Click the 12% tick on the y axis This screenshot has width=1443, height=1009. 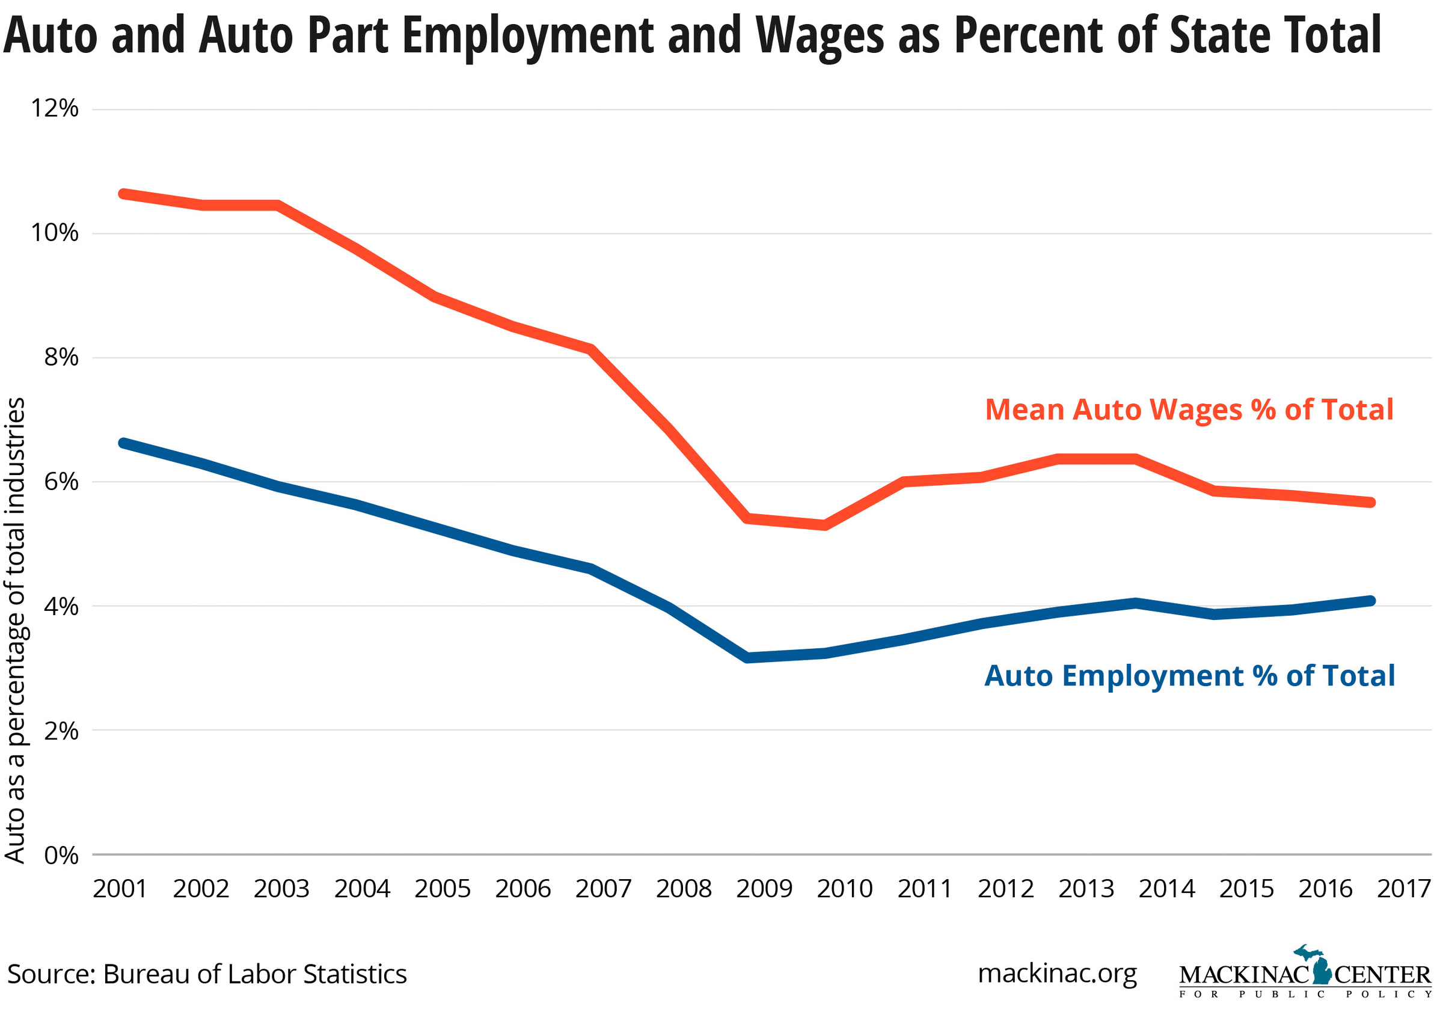[x=55, y=109]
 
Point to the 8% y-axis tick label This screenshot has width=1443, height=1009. [x=61, y=358]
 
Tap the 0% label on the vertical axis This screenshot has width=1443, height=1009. [x=61, y=856]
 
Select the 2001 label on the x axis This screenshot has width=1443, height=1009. [x=120, y=889]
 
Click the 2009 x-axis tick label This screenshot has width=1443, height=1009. [x=764, y=889]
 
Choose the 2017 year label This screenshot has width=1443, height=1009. [x=1403, y=889]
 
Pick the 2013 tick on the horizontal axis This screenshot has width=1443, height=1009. [x=1085, y=889]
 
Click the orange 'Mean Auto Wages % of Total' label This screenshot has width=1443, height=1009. [x=1189, y=410]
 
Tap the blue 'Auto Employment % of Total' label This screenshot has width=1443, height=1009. [x=1189, y=676]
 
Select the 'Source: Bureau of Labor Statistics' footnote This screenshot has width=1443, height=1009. [x=207, y=974]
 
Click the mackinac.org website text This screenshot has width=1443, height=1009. [x=1057, y=973]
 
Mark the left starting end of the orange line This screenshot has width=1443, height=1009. [x=123, y=194]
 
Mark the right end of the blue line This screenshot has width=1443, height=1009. [x=1371, y=601]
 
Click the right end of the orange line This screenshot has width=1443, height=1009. [x=1371, y=502]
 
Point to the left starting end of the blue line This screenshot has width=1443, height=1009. [x=123, y=443]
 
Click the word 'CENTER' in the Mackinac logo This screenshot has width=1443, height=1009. [x=1382, y=976]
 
